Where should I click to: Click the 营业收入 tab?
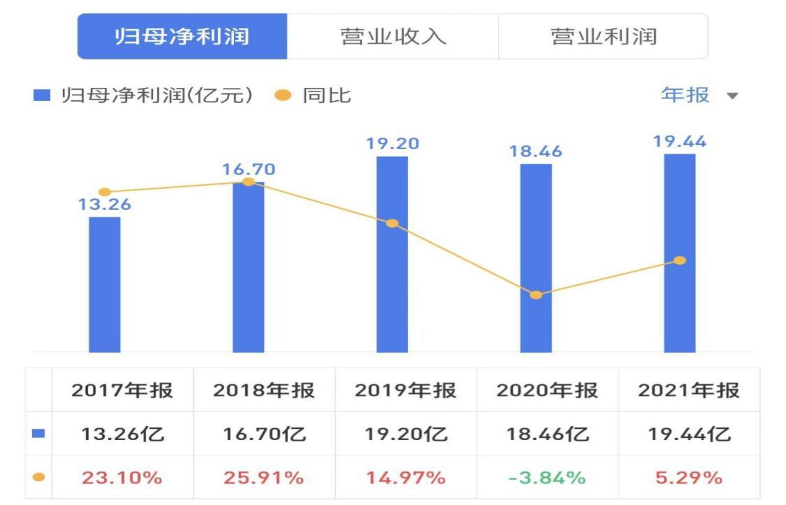point(393,37)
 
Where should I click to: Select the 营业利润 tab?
point(603,37)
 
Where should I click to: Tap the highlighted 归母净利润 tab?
point(182,37)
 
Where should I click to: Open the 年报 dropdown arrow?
point(733,96)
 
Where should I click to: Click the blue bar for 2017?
point(105,285)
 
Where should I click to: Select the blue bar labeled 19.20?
point(392,254)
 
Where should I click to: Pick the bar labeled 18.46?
point(536,258)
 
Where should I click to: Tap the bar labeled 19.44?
point(679,252)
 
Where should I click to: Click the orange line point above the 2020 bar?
point(536,295)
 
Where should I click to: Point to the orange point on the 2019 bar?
point(392,223)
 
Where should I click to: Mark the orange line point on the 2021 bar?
point(680,261)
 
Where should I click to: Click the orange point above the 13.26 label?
point(105,192)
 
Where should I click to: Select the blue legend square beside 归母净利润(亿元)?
point(41,96)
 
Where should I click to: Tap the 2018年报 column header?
point(264,391)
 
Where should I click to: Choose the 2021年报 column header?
point(689,391)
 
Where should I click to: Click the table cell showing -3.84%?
point(547,478)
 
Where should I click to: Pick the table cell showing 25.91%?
point(264,478)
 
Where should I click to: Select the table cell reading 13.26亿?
point(123,434)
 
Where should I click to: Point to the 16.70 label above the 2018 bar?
point(248,169)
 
